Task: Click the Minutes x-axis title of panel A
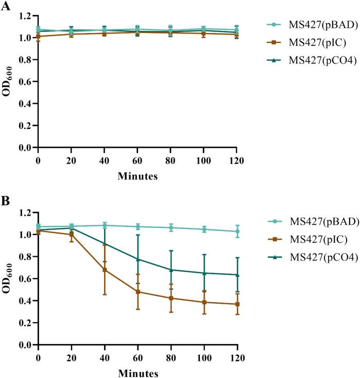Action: click(137, 176)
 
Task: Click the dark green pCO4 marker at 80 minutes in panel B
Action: click(170, 270)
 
